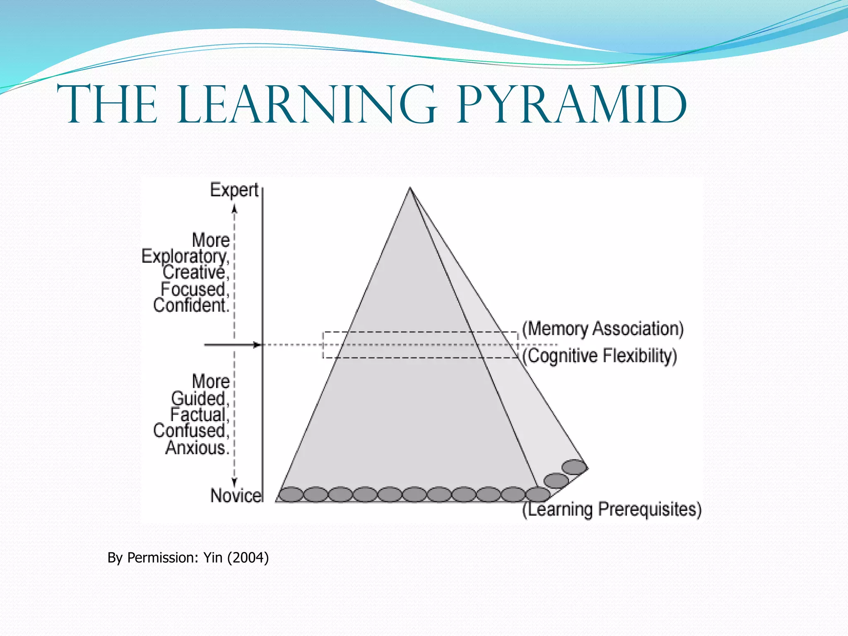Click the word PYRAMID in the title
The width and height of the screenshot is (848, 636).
pyautogui.click(x=571, y=106)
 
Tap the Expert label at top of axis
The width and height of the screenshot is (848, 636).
pyautogui.click(x=234, y=190)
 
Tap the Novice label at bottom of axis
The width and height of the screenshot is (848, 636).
pyautogui.click(x=236, y=495)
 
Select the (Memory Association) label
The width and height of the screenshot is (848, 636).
pyautogui.click(x=603, y=329)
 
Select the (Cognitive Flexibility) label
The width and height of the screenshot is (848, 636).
pyautogui.click(x=600, y=356)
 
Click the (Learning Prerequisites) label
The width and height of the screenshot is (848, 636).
pyautogui.click(x=612, y=509)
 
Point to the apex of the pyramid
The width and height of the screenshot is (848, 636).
pyautogui.click(x=410, y=188)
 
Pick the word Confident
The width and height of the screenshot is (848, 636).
pyautogui.click(x=190, y=306)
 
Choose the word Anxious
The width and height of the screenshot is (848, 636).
pyautogui.click(x=197, y=448)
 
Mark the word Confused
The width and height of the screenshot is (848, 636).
pyautogui.click(x=190, y=431)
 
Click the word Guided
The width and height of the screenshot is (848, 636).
pyautogui.click(x=200, y=398)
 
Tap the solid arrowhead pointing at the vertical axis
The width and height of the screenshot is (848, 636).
pyautogui.click(x=258, y=344)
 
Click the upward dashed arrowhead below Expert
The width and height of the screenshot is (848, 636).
pyautogui.click(x=234, y=209)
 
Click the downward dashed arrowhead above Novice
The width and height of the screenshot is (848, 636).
pyautogui.click(x=234, y=482)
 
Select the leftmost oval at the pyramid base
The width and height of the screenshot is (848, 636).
pyautogui.click(x=291, y=494)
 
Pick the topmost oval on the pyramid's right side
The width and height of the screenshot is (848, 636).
pyautogui.click(x=574, y=467)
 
